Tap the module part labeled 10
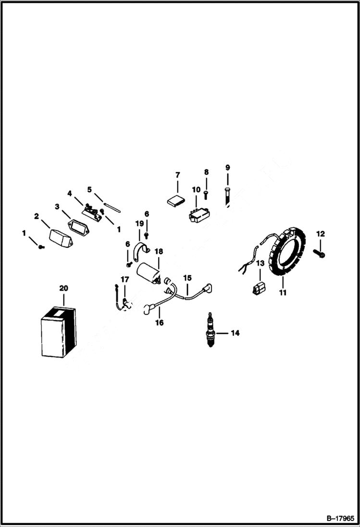(x=198, y=216)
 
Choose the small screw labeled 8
(x=206, y=194)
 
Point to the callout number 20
(x=63, y=288)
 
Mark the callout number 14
(x=235, y=332)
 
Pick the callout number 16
(x=159, y=323)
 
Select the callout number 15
(x=187, y=278)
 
